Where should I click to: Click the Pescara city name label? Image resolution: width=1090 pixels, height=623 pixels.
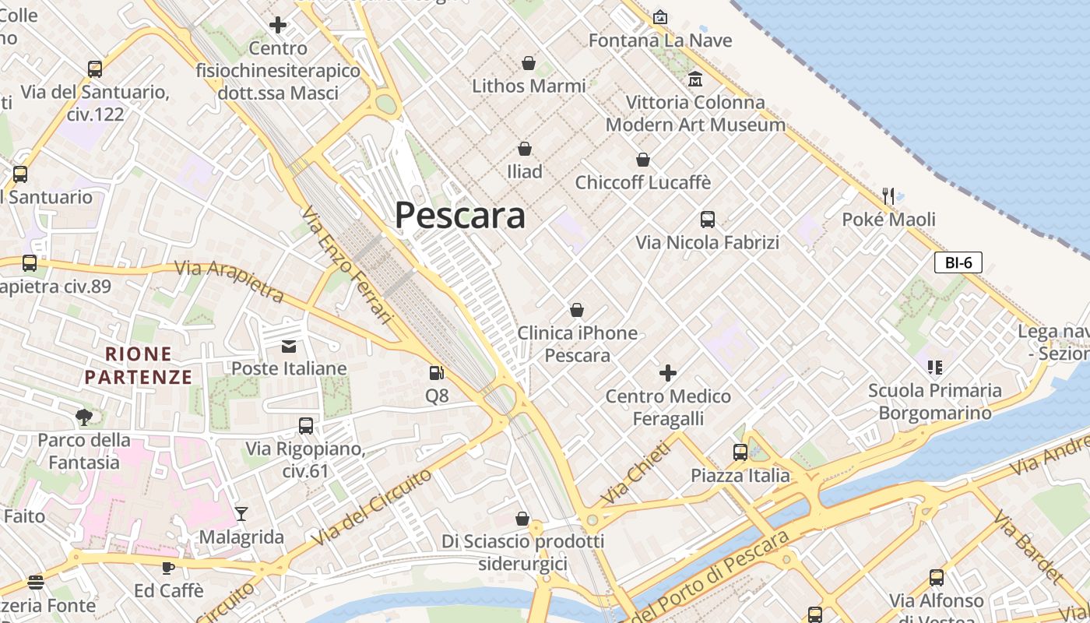click(460, 215)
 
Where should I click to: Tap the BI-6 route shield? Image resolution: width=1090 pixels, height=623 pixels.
click(958, 262)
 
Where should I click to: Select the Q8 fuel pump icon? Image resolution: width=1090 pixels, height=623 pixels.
click(437, 373)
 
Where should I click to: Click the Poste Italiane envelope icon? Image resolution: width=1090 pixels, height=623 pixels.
click(289, 347)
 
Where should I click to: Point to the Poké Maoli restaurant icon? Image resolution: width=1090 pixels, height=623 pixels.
click(888, 195)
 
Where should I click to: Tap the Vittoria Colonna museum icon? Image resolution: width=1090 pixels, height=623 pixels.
click(695, 79)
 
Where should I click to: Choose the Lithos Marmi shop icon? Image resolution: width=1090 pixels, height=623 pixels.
click(529, 62)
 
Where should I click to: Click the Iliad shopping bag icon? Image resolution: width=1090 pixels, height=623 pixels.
click(525, 148)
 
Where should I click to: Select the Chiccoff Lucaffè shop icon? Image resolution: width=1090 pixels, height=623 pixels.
click(643, 160)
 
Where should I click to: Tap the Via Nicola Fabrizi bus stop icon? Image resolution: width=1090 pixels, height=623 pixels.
click(707, 220)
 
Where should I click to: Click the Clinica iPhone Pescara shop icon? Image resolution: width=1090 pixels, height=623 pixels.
click(577, 310)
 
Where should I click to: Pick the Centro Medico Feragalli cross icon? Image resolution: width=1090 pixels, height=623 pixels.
click(668, 373)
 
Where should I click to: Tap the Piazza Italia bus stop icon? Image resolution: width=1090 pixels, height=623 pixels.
click(740, 452)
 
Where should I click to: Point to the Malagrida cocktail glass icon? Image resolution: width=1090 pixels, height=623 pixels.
click(241, 513)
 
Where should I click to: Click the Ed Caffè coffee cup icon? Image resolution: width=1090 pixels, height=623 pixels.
click(168, 568)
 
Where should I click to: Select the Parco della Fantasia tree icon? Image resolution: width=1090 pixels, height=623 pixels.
click(84, 417)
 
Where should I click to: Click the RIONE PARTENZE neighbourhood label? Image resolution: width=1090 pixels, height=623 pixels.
click(139, 366)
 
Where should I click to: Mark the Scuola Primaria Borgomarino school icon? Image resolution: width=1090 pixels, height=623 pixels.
click(934, 367)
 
